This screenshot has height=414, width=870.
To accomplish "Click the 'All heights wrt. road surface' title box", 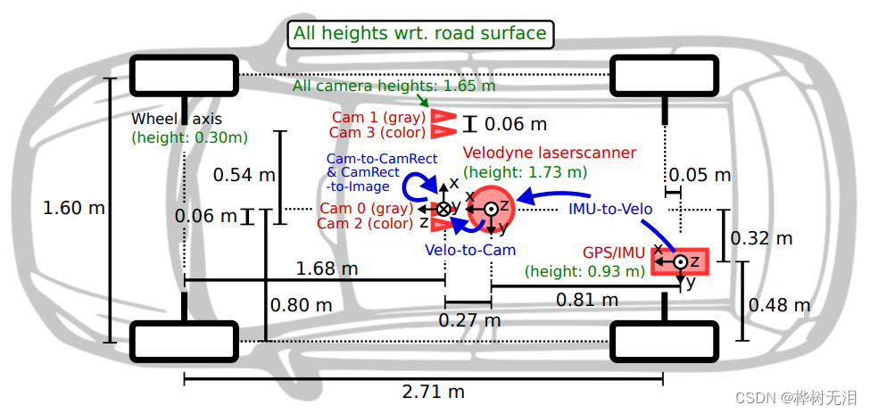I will pyautogui.click(x=419, y=34).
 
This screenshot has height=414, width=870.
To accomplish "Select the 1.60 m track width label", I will pyautogui.click(x=74, y=208).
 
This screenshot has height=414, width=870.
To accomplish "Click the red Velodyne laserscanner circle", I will pyautogui.click(x=491, y=209).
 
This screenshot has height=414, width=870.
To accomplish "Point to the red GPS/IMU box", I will pyautogui.click(x=680, y=261).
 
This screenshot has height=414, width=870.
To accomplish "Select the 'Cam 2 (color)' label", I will pyautogui.click(x=365, y=223).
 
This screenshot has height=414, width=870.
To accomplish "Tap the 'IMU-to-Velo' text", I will pyautogui.click(x=610, y=209).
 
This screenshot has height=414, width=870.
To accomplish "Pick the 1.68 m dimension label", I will pyautogui.click(x=327, y=268).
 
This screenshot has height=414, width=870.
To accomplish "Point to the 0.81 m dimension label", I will pyautogui.click(x=588, y=300).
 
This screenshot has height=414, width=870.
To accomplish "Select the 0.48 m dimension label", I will pyautogui.click(x=782, y=305).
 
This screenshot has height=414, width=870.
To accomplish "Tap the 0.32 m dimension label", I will pyautogui.click(x=761, y=238).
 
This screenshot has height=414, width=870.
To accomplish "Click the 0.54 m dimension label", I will pyautogui.click(x=244, y=175).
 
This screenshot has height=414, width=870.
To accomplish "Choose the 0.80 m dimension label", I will pyautogui.click(x=302, y=305).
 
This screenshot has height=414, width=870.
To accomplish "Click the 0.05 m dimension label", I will pyautogui.click(x=700, y=175).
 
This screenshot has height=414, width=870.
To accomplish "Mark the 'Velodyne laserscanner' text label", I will pyautogui.click(x=550, y=153).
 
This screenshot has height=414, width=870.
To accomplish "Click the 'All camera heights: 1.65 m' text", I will pyautogui.click(x=394, y=87).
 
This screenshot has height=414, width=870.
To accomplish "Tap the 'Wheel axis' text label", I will pyautogui.click(x=175, y=119).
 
